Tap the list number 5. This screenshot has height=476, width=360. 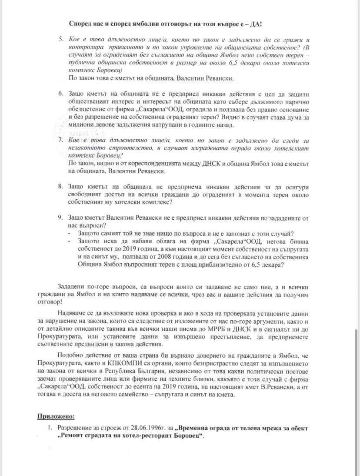pos(61,40)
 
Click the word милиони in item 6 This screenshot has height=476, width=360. pos(80,125)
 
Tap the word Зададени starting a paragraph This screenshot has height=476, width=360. pos(71,286)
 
